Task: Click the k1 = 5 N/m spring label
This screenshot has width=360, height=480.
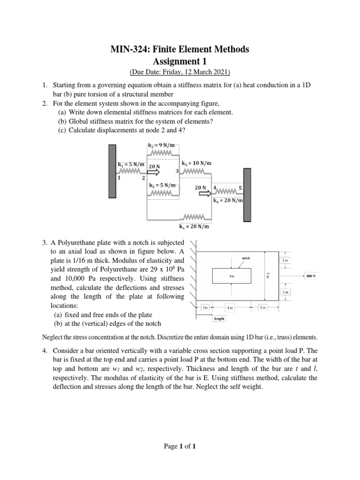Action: coord(131,165)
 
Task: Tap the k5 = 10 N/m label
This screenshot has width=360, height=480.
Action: coord(196,163)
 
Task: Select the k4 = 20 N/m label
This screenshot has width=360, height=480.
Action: coord(194,227)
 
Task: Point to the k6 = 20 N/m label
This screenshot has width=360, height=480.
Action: coord(228,201)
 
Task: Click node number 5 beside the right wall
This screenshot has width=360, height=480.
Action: coord(240,188)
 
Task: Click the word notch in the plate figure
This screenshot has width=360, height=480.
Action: coord(246,258)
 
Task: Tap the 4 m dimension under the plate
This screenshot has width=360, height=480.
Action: coord(230,307)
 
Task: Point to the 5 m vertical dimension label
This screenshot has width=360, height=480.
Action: coord(268,277)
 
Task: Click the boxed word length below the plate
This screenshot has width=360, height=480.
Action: coord(219,319)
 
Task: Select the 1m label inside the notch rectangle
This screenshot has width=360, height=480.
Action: coord(231,277)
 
